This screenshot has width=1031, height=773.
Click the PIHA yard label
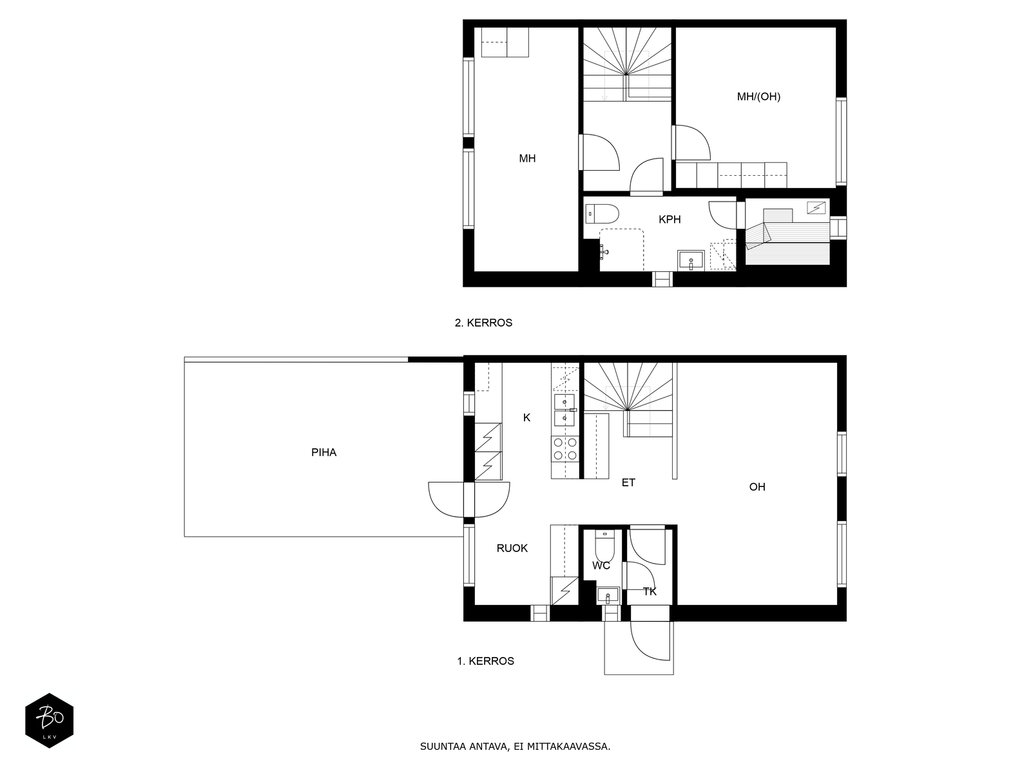323,452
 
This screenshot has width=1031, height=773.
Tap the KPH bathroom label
670,220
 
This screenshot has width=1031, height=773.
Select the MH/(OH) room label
758,97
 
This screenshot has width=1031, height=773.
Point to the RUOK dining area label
512,548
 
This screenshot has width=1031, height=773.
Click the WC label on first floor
601,566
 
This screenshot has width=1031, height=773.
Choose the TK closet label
650,591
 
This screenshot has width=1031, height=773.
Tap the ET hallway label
628,482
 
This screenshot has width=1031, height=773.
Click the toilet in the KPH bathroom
602,213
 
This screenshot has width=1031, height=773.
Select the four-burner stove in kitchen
565,448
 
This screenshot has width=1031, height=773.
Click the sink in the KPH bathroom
691,261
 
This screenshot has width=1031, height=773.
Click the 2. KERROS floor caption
483,323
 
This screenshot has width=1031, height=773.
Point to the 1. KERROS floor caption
485,661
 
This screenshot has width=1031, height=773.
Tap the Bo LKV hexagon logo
49,721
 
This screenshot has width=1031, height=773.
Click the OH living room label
757,487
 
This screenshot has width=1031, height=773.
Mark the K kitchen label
526,417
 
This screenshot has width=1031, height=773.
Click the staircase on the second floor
626,64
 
